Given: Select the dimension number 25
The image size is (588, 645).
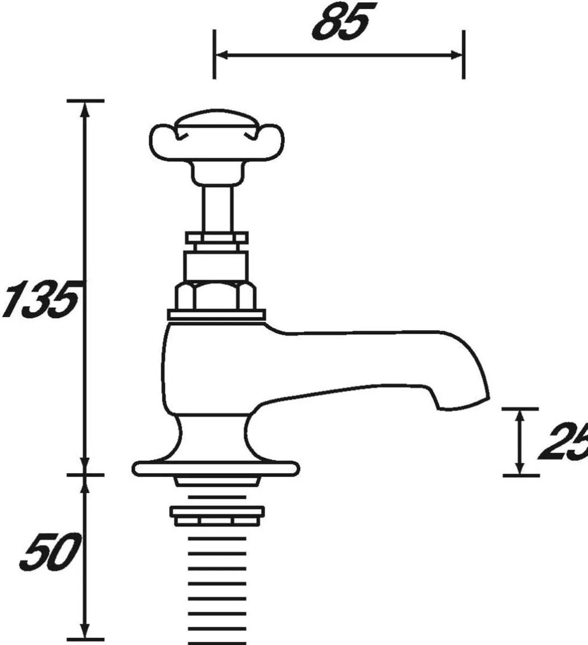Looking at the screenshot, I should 562,442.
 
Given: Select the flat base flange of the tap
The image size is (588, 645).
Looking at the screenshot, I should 215,468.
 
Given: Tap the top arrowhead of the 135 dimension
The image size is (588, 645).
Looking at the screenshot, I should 84,107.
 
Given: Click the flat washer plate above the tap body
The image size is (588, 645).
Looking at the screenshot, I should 217,315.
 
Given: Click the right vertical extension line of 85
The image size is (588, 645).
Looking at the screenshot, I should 463,54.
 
